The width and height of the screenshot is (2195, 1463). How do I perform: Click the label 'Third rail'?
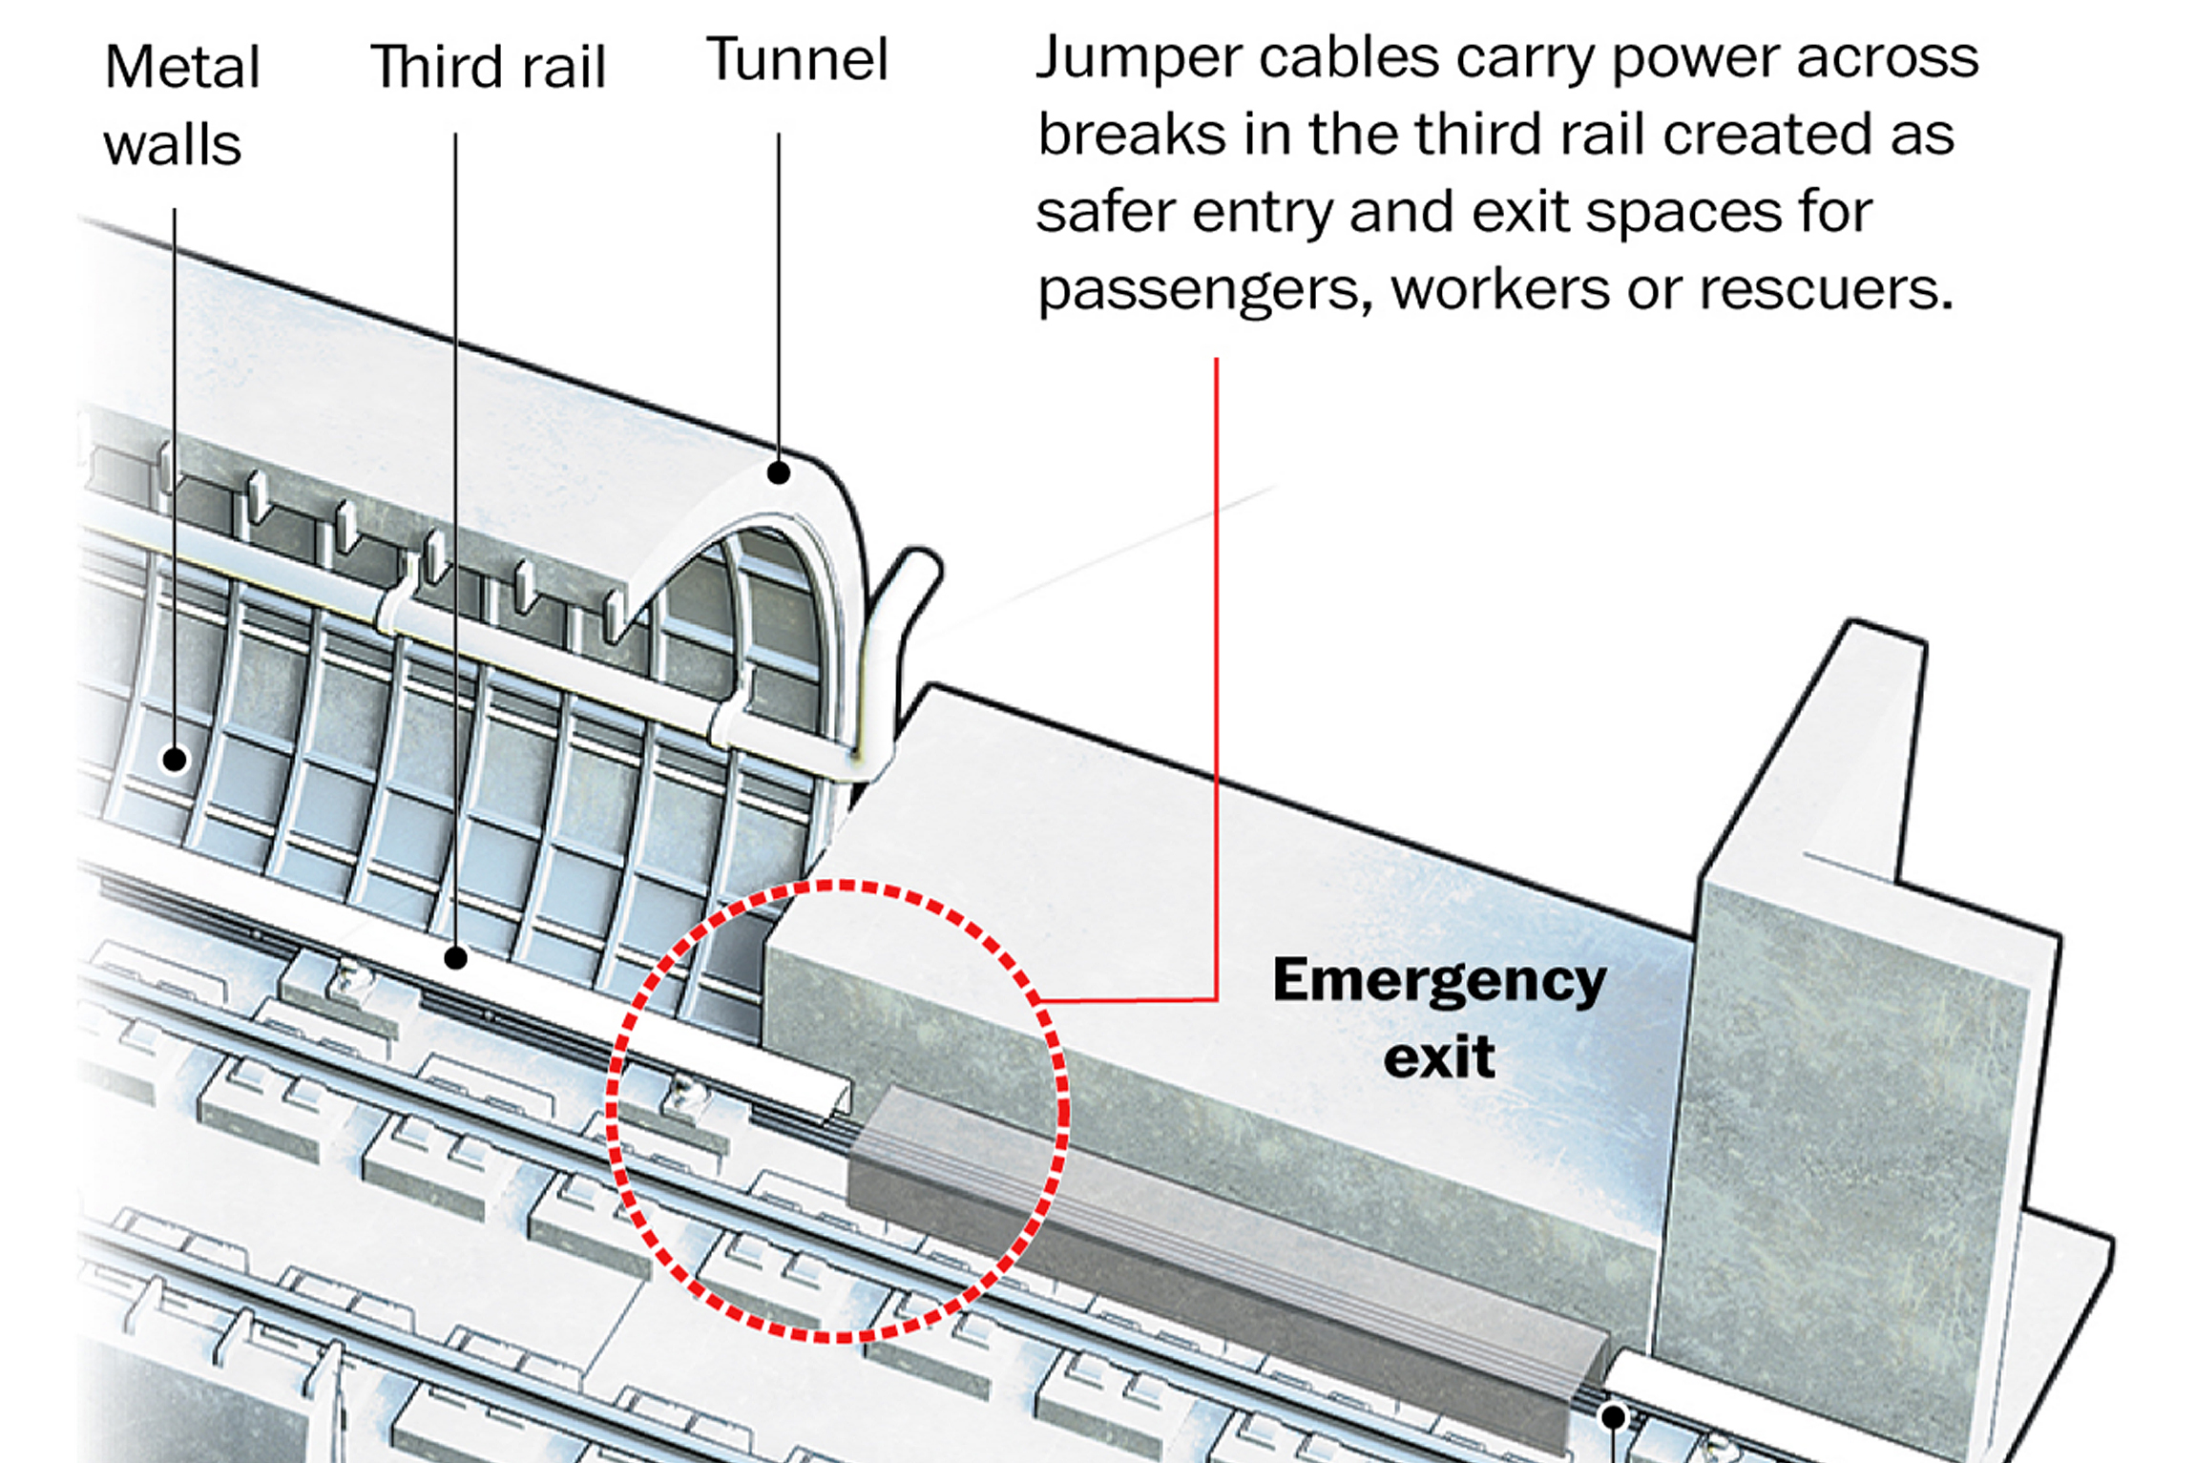click(488, 67)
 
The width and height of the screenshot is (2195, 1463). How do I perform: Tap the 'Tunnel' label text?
click(797, 60)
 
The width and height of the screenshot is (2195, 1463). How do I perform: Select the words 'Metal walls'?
click(181, 105)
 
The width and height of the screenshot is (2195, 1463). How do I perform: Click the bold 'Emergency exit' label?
click(1439, 1017)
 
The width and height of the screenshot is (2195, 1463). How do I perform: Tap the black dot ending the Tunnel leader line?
click(779, 472)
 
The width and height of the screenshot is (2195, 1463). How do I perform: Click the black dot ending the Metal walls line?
click(175, 760)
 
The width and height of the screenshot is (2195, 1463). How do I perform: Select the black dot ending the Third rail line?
click(456, 957)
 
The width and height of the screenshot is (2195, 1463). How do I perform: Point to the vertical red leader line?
click(1216, 668)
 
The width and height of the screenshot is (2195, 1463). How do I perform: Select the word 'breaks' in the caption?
click(1131, 135)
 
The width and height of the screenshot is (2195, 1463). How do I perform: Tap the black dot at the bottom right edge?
click(1613, 1416)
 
